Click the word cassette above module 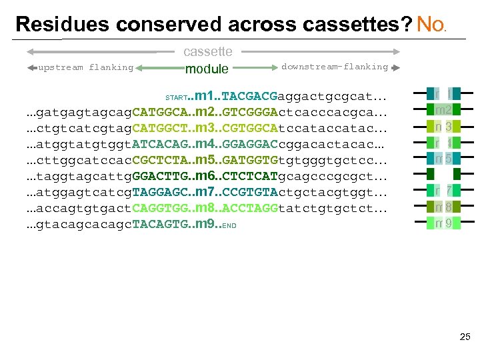[x=207, y=51]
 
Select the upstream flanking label [x=86, y=67]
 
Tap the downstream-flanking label [x=334, y=67]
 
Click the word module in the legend [x=207, y=69]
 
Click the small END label [x=229, y=225]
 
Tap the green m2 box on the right [x=444, y=110]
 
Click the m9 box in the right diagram [x=444, y=224]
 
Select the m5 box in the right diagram [x=444, y=159]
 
